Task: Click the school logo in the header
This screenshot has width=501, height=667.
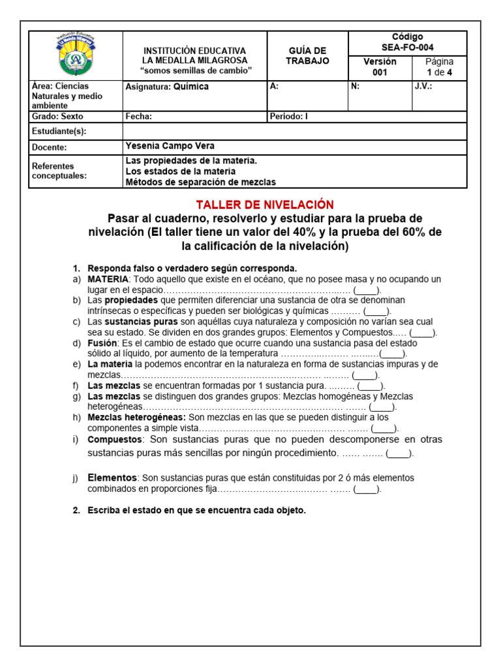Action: pyautogui.click(x=76, y=55)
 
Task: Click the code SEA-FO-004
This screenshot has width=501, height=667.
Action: pyautogui.click(x=407, y=48)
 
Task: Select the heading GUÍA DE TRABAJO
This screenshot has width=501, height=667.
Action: pyautogui.click(x=307, y=55)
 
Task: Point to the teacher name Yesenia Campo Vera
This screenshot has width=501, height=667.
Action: pyautogui.click(x=169, y=146)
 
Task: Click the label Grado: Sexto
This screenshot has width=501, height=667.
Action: pyautogui.click(x=58, y=117)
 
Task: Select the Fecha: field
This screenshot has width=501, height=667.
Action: pyautogui.click(x=138, y=117)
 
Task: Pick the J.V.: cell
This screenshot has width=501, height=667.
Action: pyautogui.click(x=423, y=86)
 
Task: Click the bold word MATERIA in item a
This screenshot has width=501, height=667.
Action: pyautogui.click(x=108, y=279)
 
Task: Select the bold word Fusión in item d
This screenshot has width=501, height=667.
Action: pyautogui.click(x=102, y=343)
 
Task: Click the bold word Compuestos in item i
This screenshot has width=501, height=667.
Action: pyautogui.click(x=114, y=440)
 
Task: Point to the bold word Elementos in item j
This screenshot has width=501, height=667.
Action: pyautogui.click(x=112, y=477)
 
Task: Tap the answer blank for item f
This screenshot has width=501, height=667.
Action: pyautogui.click(x=371, y=386)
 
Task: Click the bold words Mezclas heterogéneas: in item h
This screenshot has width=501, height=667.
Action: pyautogui.click(x=137, y=417)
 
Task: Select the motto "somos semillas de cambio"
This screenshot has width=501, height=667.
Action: pyautogui.click(x=194, y=70)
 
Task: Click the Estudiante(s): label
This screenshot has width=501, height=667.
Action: pyautogui.click(x=59, y=132)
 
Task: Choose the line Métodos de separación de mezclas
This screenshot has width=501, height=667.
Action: pyautogui.click(x=200, y=182)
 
